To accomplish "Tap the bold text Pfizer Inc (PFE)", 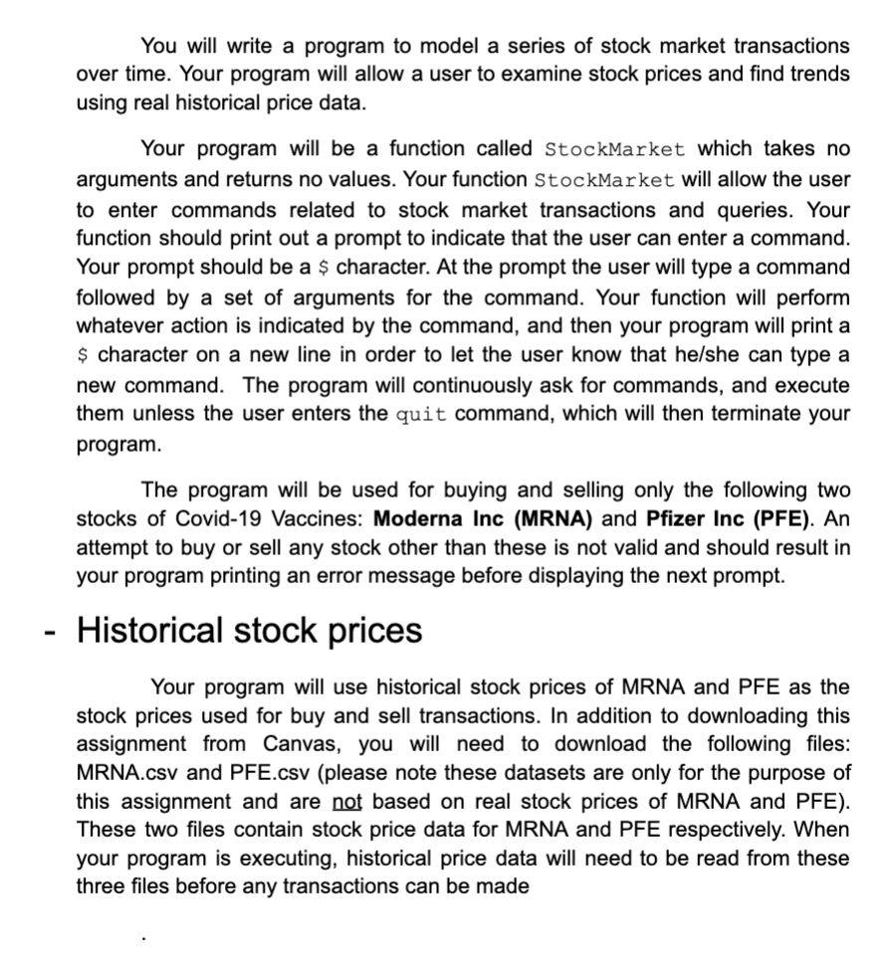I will tap(726, 519).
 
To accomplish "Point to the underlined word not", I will tap(334, 801).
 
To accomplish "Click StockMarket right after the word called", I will tap(614, 149).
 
